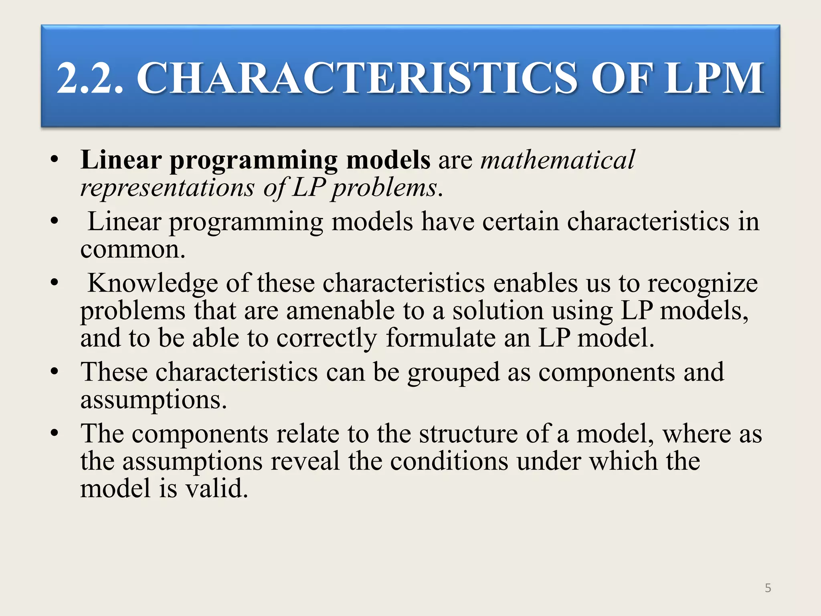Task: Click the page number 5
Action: point(768,588)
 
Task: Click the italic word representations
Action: point(167,187)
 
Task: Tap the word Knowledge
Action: point(153,284)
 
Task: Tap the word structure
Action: point(468,434)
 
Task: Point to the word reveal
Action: point(305,461)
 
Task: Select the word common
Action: point(133,250)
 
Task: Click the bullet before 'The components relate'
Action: point(55,434)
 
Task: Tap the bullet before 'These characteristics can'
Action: point(55,372)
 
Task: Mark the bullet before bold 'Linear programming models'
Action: point(55,160)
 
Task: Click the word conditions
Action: point(449,461)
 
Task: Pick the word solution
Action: point(497,311)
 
